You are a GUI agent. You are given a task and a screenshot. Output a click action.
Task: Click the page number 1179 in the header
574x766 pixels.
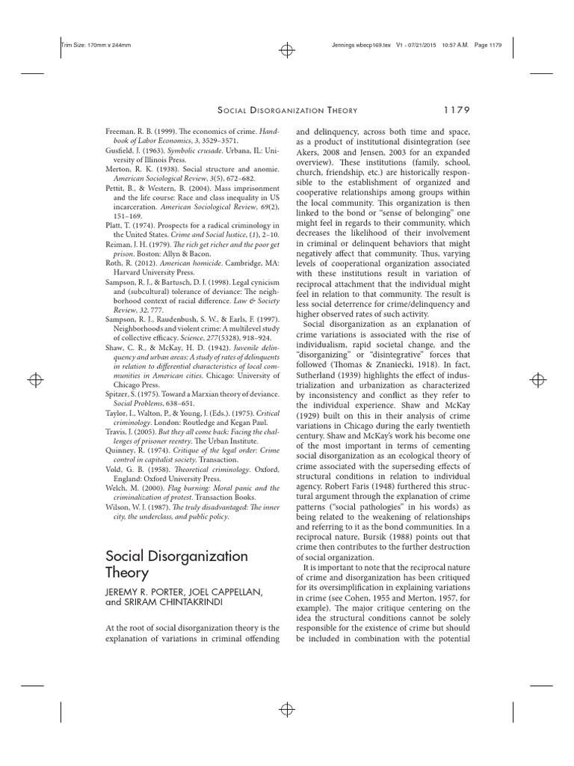pos(451,110)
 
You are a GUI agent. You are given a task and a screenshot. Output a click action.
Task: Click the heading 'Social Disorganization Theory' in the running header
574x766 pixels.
pos(308,111)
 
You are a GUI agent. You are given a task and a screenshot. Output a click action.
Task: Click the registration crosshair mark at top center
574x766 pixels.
pos(286,50)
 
